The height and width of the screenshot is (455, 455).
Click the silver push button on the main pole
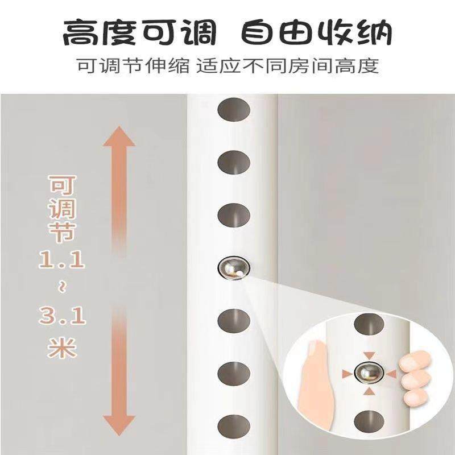233,267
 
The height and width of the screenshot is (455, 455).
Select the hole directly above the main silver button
234,214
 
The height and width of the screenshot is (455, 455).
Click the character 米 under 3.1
61,346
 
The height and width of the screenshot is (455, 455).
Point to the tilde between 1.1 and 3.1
61,288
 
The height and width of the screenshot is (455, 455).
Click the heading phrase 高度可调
139,34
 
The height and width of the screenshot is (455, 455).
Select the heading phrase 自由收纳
316,34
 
